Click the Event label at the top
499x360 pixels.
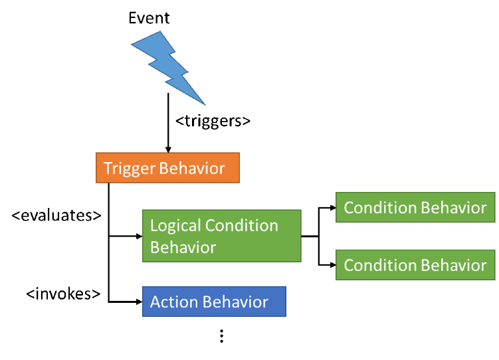coord(149,18)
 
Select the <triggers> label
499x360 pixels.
coord(213,122)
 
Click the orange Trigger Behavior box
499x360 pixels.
coord(167,168)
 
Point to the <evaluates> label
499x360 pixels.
coord(56,216)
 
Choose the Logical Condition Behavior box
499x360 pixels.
coord(221,236)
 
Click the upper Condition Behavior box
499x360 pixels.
coord(415,207)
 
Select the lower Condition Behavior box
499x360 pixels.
coord(415,265)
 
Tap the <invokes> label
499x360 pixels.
coord(63,294)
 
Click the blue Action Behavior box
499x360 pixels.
coord(214,302)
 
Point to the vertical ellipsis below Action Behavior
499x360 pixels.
coord(222,336)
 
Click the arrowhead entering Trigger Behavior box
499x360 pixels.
coord(168,150)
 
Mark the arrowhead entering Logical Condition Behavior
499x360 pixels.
coord(140,236)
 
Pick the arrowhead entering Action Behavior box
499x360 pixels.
coord(140,302)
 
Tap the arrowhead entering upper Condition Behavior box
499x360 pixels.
coord(333,208)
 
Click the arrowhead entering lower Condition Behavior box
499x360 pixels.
coord(333,265)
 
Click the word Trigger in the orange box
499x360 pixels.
coord(129,169)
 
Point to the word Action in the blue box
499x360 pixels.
coord(173,302)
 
